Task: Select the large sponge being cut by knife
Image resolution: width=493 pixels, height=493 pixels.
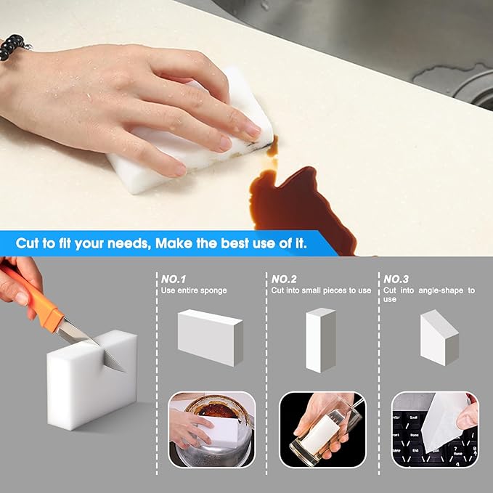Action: click(x=91, y=381)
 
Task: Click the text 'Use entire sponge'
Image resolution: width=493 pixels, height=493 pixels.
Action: click(x=194, y=290)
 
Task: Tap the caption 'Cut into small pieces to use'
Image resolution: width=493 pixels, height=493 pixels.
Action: click(x=321, y=290)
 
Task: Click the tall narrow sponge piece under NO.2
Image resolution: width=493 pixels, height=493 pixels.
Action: click(x=320, y=340)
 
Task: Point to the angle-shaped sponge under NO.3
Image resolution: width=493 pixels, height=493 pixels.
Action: click(x=439, y=336)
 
